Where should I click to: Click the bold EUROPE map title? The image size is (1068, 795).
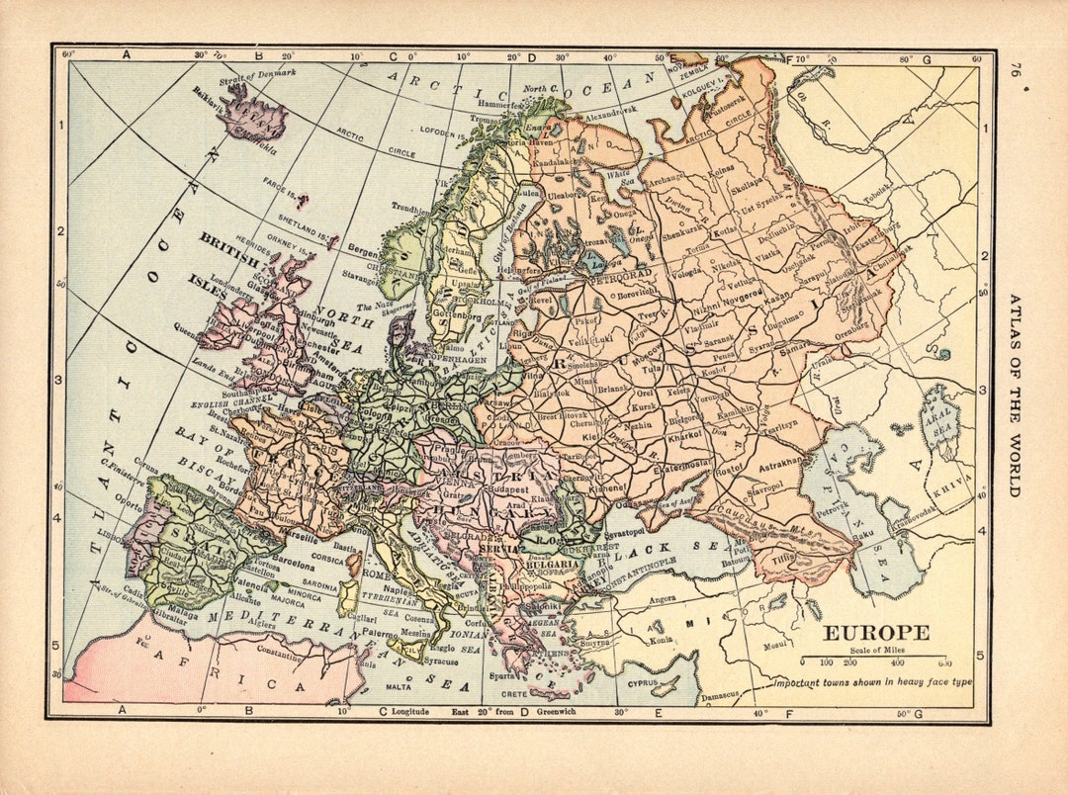pos(876,633)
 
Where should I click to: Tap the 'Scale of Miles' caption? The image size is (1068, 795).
pos(876,650)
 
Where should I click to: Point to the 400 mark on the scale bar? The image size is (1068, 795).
pos(897,662)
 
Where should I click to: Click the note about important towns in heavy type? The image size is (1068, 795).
pos(871,682)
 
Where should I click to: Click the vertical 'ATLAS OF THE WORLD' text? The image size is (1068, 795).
pos(1014,396)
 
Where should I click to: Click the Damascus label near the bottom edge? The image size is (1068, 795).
pos(720,695)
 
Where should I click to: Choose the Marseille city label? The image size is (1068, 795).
pos(298,538)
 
